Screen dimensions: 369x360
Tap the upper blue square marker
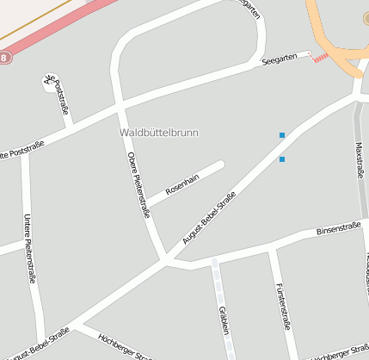pos(281,135)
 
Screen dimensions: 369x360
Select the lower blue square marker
pos(281,159)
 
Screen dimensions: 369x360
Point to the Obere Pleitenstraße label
pos(138,184)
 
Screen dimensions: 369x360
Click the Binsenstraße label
pos(338,228)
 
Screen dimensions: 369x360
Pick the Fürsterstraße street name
pos(283,306)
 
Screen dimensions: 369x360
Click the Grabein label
pos(224,320)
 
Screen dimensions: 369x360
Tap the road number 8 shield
pos(4,58)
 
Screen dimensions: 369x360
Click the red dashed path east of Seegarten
pos(320,57)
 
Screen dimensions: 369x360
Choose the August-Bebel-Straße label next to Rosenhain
pos(209,219)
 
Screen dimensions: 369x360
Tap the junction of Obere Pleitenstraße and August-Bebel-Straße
pos(163,258)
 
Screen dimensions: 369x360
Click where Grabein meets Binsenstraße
pos(213,264)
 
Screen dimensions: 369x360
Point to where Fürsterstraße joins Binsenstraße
pos(270,251)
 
